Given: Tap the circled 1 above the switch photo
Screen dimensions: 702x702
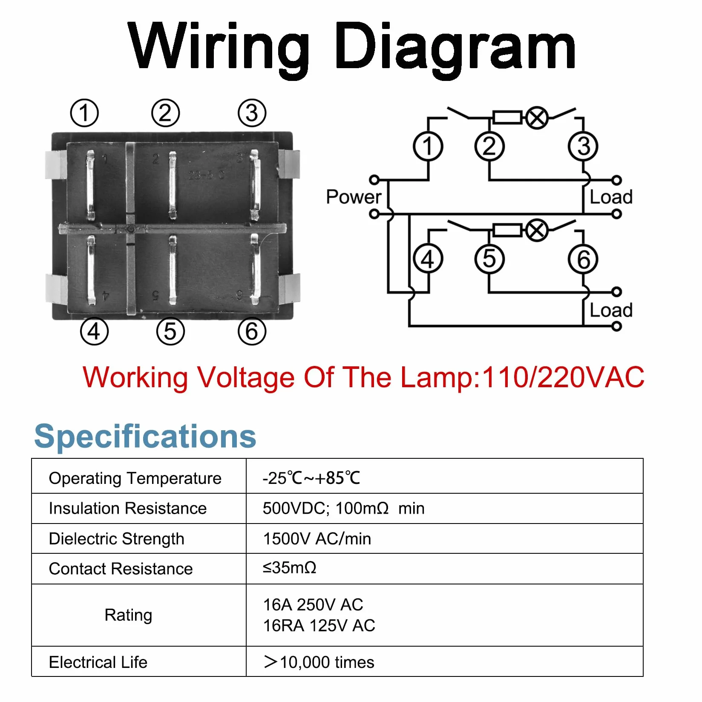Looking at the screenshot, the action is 84,113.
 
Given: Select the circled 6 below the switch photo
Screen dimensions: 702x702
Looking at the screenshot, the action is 252,331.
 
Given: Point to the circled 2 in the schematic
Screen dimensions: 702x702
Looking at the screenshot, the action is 489,147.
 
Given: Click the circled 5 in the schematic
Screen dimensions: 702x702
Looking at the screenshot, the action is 489,259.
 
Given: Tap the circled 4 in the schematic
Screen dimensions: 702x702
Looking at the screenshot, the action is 428,259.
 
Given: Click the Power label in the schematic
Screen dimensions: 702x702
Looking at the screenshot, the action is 354,197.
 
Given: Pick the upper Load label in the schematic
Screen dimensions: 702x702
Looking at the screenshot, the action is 611,197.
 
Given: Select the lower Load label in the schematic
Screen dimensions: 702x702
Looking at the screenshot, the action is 611,310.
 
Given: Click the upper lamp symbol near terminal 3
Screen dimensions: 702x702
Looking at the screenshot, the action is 537,118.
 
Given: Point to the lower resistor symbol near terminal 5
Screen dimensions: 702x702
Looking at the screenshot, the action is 507,230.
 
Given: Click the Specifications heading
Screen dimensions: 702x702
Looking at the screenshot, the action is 145,437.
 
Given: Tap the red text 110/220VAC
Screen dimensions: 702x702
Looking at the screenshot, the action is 563,377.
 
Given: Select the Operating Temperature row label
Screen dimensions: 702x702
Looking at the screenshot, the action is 135,478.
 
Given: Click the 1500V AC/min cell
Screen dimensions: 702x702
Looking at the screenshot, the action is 317,539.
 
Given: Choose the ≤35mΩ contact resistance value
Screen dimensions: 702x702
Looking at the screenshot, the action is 289,568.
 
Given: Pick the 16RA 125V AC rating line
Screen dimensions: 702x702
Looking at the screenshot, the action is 319,626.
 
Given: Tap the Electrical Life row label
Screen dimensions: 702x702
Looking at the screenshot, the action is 98,662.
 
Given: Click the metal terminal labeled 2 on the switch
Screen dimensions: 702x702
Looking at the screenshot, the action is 172,185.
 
